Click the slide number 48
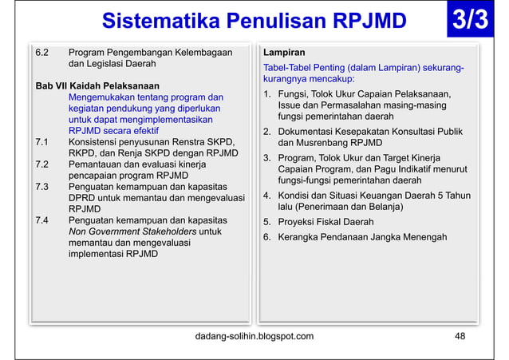pos(460,336)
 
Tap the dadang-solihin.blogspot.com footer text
pos(254,336)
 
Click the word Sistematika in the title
pos(152,21)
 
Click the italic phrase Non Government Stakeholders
pos(133,231)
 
